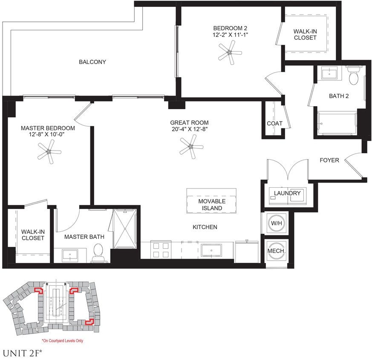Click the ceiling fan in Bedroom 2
coord(229,53)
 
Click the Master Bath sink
coord(69,256)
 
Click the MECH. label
coord(276,251)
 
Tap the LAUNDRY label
coord(287,193)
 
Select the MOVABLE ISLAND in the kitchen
coord(212,204)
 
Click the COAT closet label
coord(275,124)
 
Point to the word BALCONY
coord(92,62)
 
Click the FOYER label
coord(329,160)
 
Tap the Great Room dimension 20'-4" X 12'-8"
coord(188,129)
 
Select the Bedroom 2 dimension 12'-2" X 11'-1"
coord(231,35)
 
